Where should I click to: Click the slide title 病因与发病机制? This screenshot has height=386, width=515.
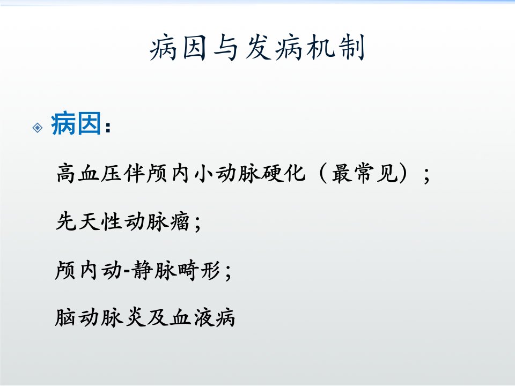257,48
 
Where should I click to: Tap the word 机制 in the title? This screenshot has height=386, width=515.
335,48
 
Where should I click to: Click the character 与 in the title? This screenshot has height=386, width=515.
226,48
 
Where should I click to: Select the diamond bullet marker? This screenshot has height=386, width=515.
38,128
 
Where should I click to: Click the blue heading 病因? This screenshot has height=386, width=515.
76,123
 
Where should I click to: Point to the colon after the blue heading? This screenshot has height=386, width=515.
108,127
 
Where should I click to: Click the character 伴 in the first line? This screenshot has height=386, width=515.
134,173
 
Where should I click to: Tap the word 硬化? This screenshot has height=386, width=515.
283,173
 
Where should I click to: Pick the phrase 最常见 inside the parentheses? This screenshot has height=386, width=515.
365,173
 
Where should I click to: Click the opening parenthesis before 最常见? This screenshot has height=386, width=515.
322,173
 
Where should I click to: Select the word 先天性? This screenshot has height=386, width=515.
89,221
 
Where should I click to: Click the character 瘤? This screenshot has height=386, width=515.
180,221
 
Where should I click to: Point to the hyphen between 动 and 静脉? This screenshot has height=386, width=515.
127,271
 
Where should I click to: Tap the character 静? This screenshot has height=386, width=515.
142,270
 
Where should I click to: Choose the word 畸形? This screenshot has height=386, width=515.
198,270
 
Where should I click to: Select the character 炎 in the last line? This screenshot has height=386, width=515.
135,317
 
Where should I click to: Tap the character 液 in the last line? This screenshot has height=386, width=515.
203,317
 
